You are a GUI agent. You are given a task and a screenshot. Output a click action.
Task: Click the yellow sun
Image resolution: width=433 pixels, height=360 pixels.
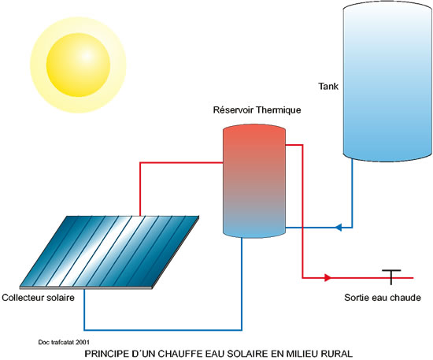[x=79, y=65]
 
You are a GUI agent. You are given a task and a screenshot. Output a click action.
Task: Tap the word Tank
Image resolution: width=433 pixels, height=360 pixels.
[x=328, y=86]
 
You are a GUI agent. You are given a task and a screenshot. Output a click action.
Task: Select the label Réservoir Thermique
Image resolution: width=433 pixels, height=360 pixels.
[x=257, y=110]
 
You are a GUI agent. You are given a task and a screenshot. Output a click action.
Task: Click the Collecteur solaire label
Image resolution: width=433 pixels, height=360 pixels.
[x=38, y=298]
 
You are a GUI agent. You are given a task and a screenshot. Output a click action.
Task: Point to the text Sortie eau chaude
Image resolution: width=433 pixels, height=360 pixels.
[x=383, y=298]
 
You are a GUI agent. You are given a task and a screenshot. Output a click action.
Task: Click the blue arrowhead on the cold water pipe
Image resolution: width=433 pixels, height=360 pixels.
[x=339, y=228]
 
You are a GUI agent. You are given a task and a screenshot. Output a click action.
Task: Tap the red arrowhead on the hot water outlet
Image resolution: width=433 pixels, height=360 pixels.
[x=328, y=277]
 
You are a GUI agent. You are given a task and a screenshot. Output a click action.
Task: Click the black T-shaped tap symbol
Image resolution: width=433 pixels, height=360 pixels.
[x=391, y=276]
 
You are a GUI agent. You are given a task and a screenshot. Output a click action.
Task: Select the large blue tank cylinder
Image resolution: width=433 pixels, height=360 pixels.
[x=387, y=81]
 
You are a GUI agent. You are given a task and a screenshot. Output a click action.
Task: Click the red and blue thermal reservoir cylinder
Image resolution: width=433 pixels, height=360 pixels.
[x=254, y=181]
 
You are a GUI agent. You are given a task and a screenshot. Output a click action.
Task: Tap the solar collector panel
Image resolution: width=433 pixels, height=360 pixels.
[x=109, y=252]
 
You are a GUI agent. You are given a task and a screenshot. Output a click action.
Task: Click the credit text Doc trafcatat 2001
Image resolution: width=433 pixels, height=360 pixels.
[x=64, y=343]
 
